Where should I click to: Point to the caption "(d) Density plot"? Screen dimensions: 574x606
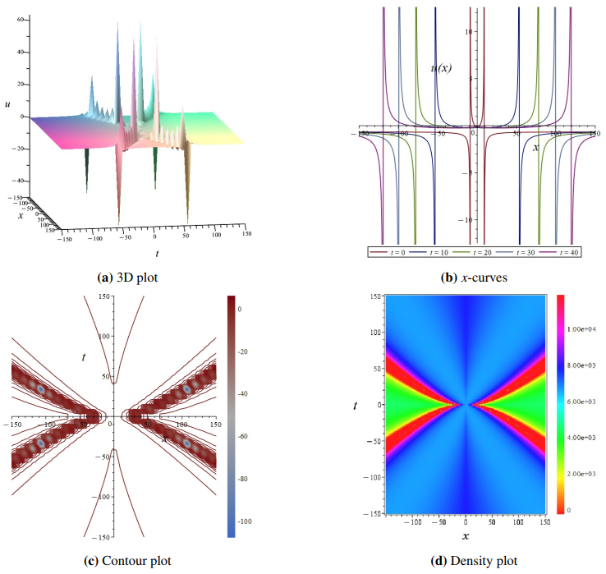[x=474, y=561]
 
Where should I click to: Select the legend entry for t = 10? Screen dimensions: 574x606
[x=435, y=252]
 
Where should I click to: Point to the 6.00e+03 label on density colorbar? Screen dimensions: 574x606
[x=582, y=402]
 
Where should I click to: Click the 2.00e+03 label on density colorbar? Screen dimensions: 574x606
[x=582, y=474]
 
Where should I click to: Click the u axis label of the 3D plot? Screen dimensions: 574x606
[x=7, y=104]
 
